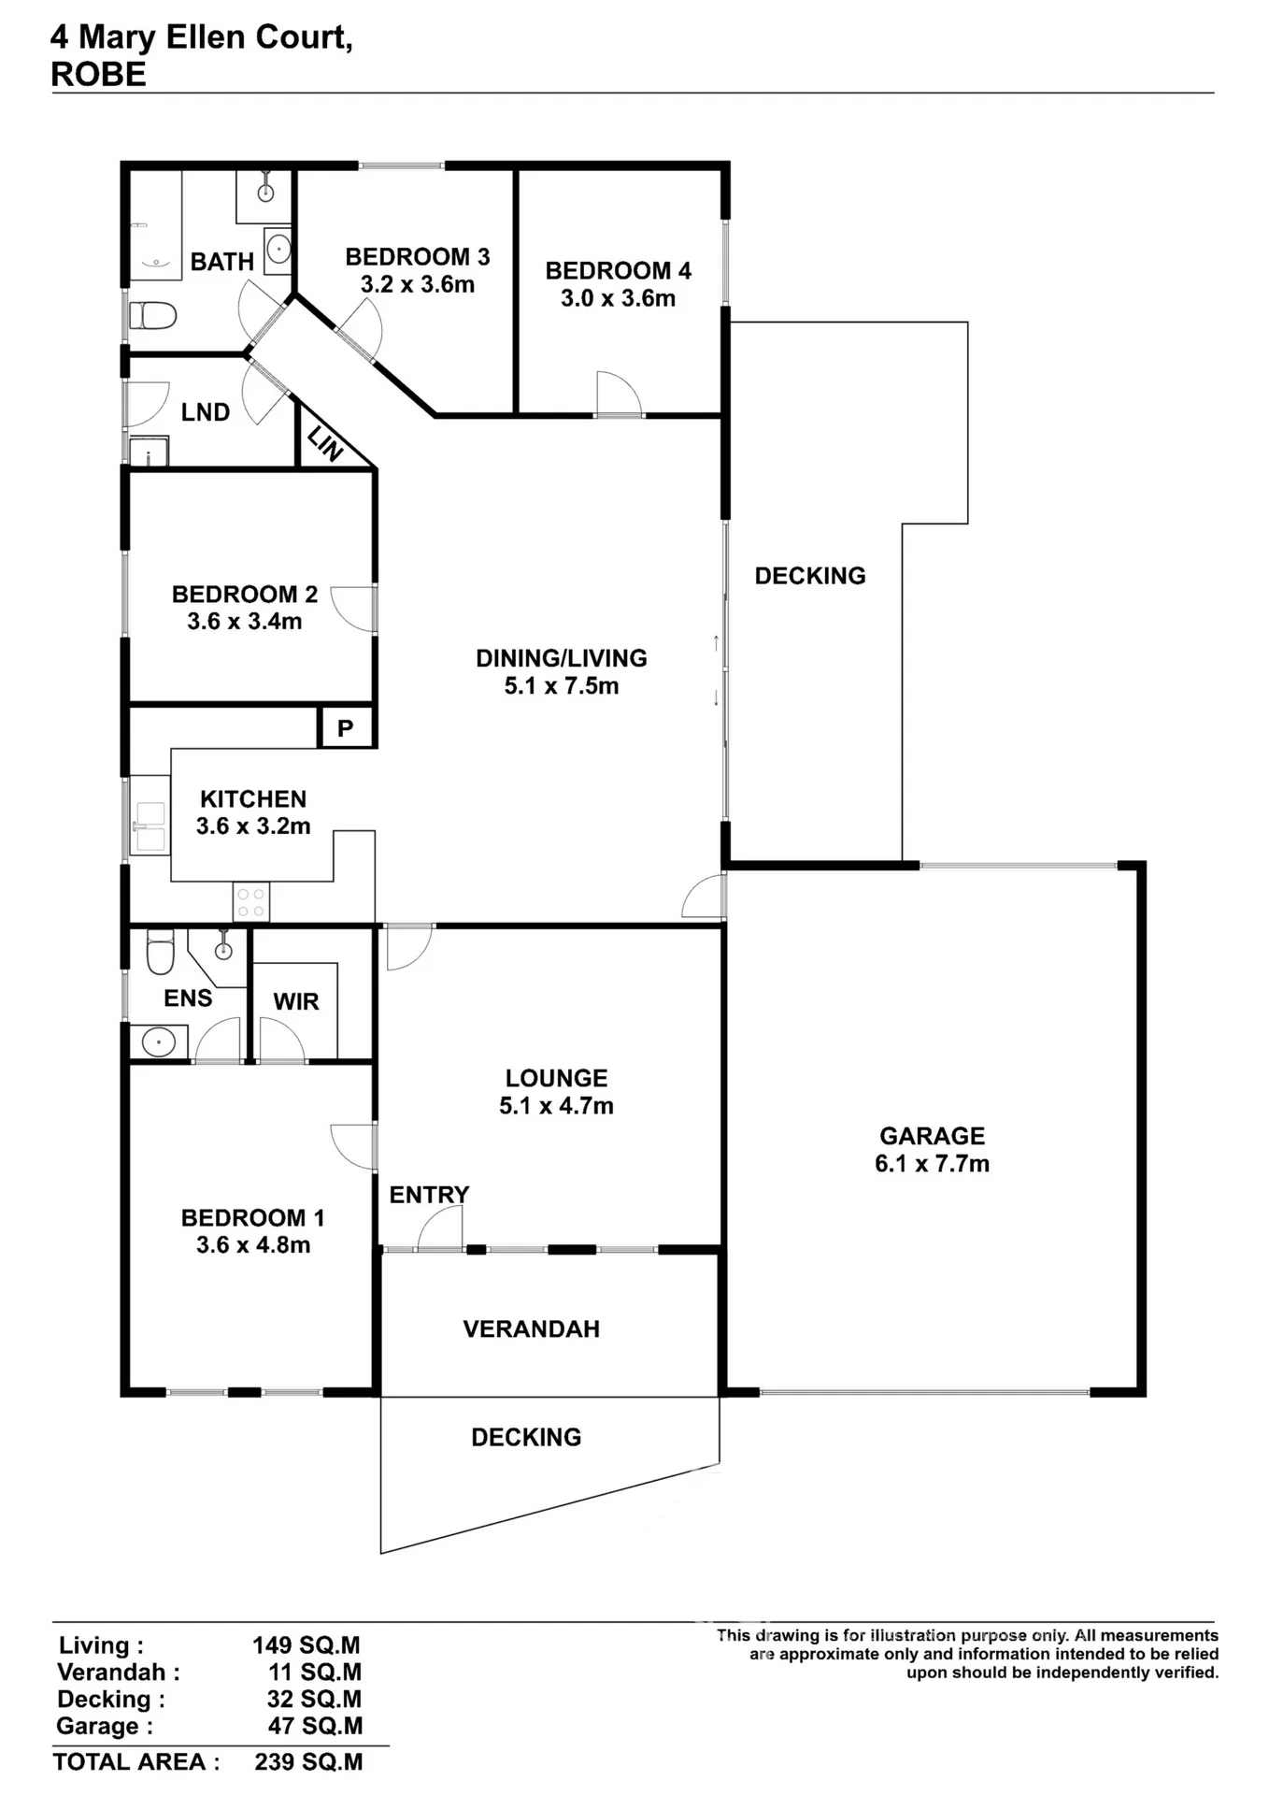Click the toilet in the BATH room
(152, 315)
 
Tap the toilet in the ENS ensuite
(161, 952)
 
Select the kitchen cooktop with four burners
(250, 902)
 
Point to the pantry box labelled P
(346, 727)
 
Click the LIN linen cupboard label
(325, 443)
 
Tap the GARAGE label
(932, 1136)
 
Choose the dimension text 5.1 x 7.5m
(562, 686)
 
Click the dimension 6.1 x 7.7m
(932, 1164)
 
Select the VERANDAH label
(532, 1329)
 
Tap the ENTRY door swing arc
(439, 1226)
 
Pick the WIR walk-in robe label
(296, 1002)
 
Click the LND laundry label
(206, 412)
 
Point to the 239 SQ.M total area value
(308, 1762)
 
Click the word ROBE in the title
(98, 75)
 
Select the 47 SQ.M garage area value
(315, 1726)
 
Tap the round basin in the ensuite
(159, 1041)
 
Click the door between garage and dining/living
(704, 896)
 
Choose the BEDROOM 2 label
(245, 595)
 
